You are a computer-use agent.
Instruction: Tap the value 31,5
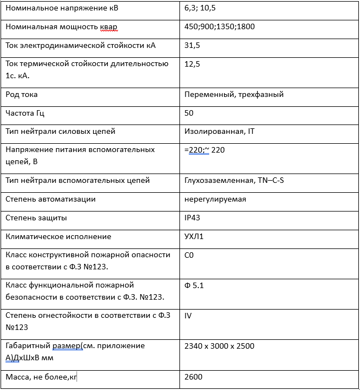point(192,45)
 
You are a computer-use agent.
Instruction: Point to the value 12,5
point(192,64)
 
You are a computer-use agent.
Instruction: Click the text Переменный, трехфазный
point(234,94)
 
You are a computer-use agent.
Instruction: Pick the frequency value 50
point(189,113)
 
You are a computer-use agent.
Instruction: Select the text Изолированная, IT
point(219,132)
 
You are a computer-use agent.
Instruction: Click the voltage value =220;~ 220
point(204,150)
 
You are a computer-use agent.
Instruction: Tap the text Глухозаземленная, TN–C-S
point(234,180)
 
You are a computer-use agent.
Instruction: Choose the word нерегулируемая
point(215,199)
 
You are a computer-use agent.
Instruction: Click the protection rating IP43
point(192,218)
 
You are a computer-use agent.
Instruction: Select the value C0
point(189,255)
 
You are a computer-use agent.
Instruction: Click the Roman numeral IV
point(188,316)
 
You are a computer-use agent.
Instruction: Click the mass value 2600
point(194,377)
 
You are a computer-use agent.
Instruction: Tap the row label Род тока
point(21,94)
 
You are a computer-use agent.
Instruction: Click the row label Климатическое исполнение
point(58,236)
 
